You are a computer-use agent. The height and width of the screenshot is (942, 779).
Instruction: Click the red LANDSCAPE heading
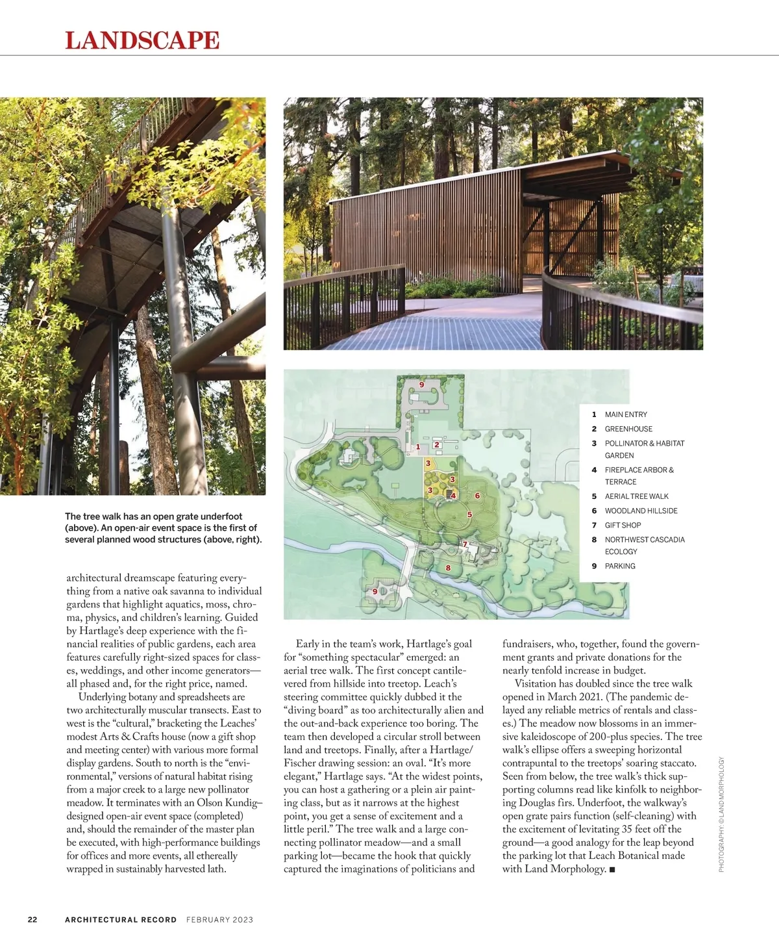tap(142, 40)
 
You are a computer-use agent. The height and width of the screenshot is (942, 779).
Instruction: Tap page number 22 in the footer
tap(32, 919)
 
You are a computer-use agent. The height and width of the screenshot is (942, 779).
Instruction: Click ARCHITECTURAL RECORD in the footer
tap(121, 919)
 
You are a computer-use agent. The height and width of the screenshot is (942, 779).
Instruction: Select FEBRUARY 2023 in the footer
tap(219, 919)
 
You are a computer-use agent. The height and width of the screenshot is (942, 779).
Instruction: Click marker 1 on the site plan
tap(418, 447)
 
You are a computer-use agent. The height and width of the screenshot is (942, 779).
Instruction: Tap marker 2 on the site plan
tap(437, 445)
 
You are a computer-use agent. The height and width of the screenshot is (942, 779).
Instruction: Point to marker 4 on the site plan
tap(453, 496)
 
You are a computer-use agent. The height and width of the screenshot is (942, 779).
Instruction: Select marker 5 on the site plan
tap(469, 515)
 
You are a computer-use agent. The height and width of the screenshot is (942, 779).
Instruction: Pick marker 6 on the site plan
tap(477, 496)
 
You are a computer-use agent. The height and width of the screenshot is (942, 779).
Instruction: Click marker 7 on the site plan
tap(465, 544)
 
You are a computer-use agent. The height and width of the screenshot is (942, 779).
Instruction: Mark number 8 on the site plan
tap(448, 568)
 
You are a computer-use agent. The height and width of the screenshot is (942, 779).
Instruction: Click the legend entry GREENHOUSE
tap(628, 429)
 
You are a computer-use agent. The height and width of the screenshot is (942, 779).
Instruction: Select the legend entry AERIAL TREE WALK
tap(636, 496)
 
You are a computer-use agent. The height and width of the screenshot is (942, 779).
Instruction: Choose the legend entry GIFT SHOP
tap(623, 525)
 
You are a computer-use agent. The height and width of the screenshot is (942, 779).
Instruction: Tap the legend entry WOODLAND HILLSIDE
tap(641, 511)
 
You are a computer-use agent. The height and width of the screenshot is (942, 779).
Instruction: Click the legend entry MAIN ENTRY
tap(626, 414)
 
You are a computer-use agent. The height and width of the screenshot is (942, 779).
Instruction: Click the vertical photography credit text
tap(721, 815)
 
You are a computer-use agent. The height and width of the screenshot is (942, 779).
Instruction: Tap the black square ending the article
tap(612, 870)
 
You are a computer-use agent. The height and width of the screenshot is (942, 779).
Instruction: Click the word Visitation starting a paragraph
tap(538, 683)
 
